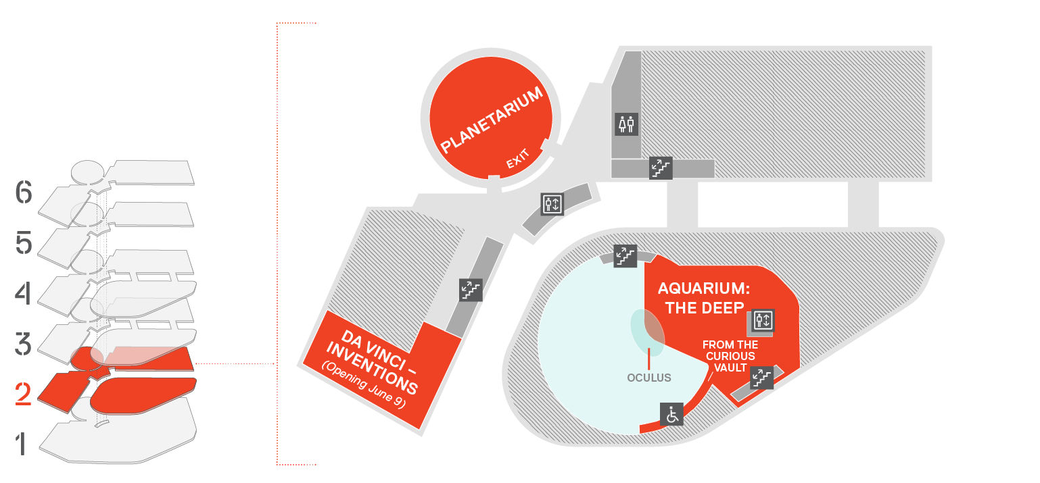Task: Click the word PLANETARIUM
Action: point(491,120)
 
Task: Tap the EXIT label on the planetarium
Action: point(517,159)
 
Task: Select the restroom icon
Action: point(626,124)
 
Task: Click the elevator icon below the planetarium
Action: point(552,204)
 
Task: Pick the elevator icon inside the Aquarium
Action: point(763,320)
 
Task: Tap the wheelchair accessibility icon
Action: point(672,414)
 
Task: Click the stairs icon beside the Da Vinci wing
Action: point(471,290)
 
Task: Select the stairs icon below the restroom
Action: point(661,168)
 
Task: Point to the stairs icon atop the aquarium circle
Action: point(625,255)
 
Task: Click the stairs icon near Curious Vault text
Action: point(762,378)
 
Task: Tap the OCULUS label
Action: point(649,378)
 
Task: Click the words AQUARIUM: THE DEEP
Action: point(704,298)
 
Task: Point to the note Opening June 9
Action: point(364,384)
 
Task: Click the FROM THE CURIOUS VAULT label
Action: point(730,356)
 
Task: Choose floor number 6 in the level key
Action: point(24,192)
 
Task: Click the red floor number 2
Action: point(23,394)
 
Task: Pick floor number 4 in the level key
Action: point(23,293)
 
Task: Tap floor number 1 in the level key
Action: point(20,444)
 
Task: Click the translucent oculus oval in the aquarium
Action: point(648,332)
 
